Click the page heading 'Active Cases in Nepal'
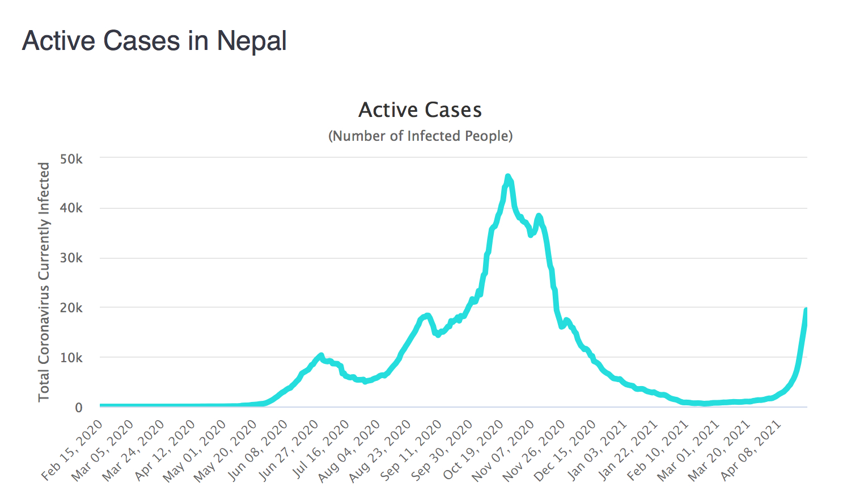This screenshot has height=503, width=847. click(154, 41)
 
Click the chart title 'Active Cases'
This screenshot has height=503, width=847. click(420, 110)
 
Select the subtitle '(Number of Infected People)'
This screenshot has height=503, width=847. click(420, 136)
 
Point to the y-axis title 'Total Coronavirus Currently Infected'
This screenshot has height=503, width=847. click(44, 282)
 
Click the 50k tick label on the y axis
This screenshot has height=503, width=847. click(71, 159)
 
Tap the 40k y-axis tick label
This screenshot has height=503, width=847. click(71, 208)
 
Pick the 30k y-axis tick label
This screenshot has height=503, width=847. click(71, 258)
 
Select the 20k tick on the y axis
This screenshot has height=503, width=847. click(71, 308)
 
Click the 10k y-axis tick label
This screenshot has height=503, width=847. click(71, 358)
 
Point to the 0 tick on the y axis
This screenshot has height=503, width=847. click(79, 408)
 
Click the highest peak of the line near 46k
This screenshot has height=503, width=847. click(507, 177)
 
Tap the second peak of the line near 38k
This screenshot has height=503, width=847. click(539, 216)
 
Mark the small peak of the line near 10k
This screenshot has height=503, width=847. click(321, 355)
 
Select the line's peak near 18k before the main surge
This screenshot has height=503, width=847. click(427, 315)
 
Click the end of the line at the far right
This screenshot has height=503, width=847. click(806, 310)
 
